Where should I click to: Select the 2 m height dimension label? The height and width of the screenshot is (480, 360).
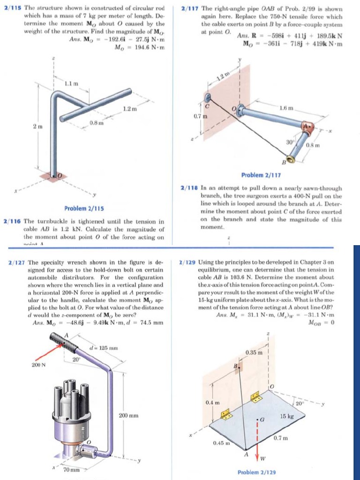tap(36, 127)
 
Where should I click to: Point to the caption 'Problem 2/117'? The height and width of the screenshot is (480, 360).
tap(261, 175)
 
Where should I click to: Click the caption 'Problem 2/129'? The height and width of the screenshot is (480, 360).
tap(256, 473)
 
